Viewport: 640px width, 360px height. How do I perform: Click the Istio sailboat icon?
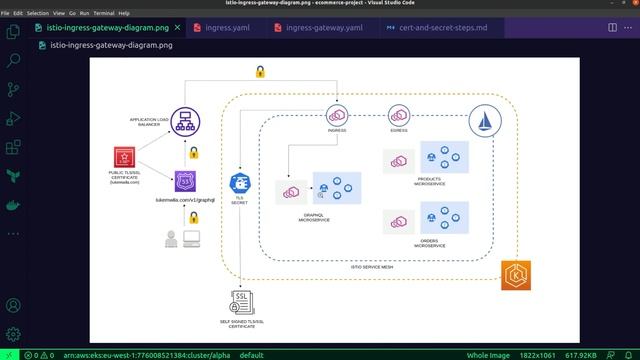[x=484, y=123]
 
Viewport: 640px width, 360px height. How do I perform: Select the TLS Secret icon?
[x=240, y=183]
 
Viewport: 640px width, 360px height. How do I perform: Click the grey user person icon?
[x=170, y=239]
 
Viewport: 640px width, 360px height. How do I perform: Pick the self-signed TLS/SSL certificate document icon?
[x=239, y=301]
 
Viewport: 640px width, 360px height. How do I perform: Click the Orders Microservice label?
[x=430, y=243]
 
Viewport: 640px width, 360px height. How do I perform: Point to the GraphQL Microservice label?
[x=313, y=218]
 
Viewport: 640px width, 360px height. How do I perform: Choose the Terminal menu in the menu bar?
[x=103, y=13]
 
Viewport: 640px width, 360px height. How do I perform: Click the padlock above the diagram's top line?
[x=260, y=71]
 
